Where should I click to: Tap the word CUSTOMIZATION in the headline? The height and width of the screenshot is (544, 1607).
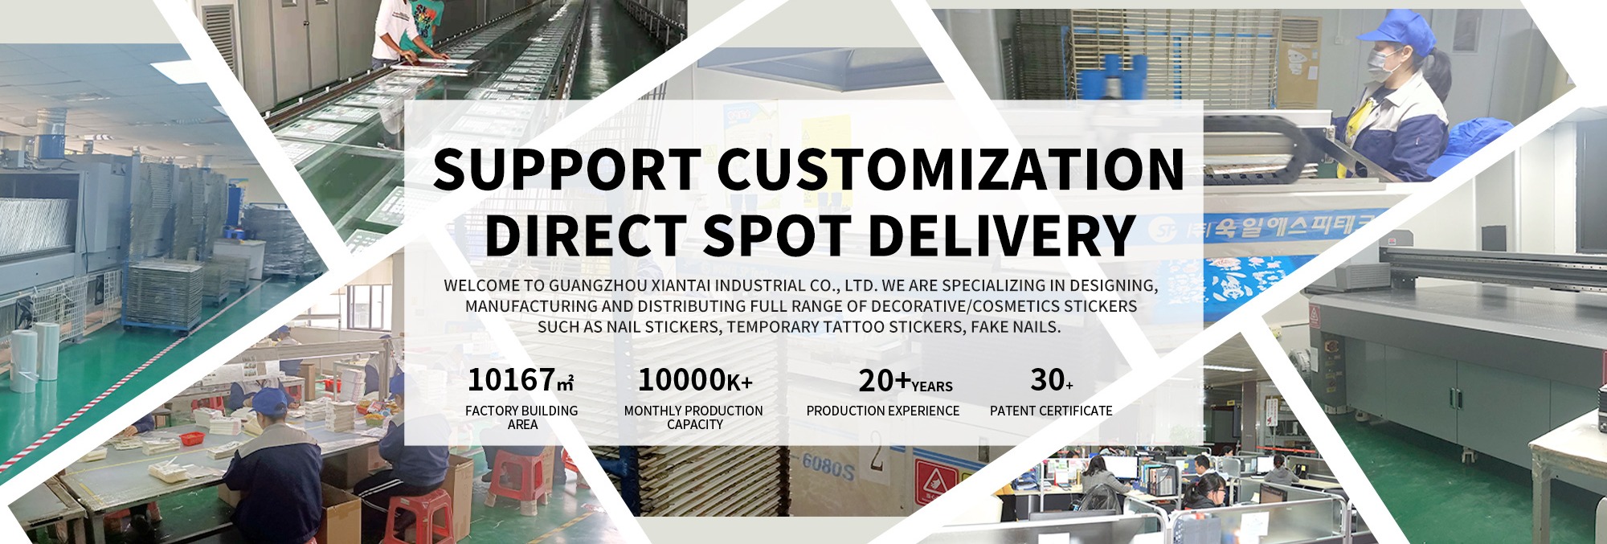click(951, 169)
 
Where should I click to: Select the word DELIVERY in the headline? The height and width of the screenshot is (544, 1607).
click(1001, 235)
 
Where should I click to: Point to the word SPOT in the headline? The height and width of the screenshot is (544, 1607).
click(776, 235)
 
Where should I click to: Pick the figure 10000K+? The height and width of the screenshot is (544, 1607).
click(695, 379)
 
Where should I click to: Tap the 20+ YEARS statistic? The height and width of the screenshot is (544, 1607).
click(906, 381)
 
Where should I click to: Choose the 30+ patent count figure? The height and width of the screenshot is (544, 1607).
click(1052, 379)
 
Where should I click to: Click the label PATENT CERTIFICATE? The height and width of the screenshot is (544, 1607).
click(1051, 411)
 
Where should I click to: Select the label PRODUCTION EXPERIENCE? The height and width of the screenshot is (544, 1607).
click(883, 411)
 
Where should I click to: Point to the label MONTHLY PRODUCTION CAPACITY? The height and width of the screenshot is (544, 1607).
click(694, 417)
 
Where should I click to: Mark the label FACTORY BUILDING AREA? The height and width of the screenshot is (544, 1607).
click(521, 417)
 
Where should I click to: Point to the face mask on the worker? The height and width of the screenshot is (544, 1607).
click(1385, 61)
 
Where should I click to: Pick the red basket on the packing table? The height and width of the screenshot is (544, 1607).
click(191, 439)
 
